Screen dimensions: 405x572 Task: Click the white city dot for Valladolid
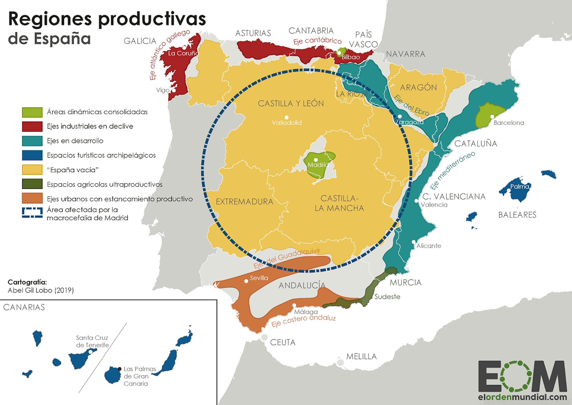click(x=287, y=118)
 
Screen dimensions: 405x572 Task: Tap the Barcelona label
click(x=509, y=123)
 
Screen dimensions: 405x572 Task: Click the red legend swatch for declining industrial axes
click(x=32, y=126)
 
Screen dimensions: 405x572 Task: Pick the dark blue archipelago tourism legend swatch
click(x=32, y=155)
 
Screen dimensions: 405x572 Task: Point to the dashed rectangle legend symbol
click(x=32, y=213)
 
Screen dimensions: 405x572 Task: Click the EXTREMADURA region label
click(x=244, y=202)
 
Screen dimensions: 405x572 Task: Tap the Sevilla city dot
click(x=246, y=281)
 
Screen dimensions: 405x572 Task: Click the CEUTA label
click(x=283, y=342)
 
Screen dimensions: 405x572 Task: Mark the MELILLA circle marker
click(x=340, y=363)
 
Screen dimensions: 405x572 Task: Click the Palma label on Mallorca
click(x=520, y=187)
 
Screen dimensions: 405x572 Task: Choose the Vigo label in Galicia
click(x=163, y=90)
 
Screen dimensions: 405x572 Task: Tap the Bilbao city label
click(x=351, y=57)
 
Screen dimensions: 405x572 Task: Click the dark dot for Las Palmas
click(x=119, y=369)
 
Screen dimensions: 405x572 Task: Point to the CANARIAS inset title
click(x=24, y=307)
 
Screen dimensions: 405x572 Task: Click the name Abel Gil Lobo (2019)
click(x=41, y=290)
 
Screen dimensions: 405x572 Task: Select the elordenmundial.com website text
click(x=522, y=397)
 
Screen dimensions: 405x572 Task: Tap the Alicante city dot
click(x=414, y=242)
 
